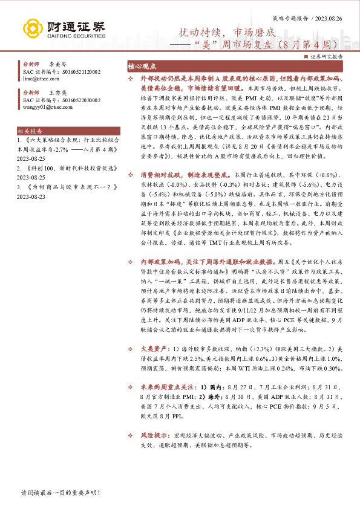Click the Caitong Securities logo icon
pyautogui.click(x=31, y=27)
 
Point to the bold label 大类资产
pyautogui.click(x=151, y=349)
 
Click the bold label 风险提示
pyautogui.click(x=151, y=435)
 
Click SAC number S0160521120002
pyautogui.click(x=79, y=71)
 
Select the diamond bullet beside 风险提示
pyautogui.click(x=132, y=435)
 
